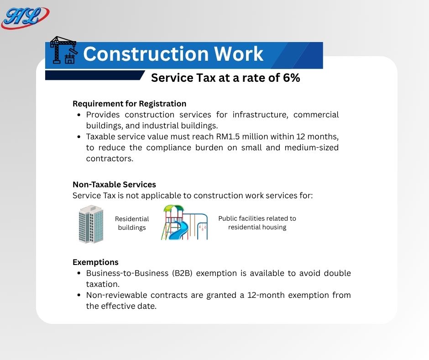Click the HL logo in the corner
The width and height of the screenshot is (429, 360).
click(25, 17)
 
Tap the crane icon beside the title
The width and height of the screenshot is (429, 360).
click(63, 50)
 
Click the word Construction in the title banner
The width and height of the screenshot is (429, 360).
click(146, 54)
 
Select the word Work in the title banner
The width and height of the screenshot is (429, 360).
click(239, 54)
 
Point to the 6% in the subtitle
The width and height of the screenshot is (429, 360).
click(291, 78)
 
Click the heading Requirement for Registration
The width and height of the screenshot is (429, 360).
click(130, 104)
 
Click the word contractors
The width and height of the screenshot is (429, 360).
click(110, 159)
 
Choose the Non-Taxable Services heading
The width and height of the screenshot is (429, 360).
click(114, 185)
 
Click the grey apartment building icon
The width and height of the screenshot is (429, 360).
click(91, 224)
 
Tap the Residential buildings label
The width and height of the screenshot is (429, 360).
click(132, 223)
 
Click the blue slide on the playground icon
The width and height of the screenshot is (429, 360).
click(178, 230)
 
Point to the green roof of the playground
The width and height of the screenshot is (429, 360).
click(174, 208)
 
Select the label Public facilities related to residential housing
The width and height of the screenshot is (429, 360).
click(257, 223)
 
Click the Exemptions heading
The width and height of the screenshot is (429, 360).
click(95, 262)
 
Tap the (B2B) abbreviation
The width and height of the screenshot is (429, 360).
click(182, 273)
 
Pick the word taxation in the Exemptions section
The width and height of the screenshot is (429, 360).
click(103, 284)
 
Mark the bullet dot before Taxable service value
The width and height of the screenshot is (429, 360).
click(79, 137)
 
